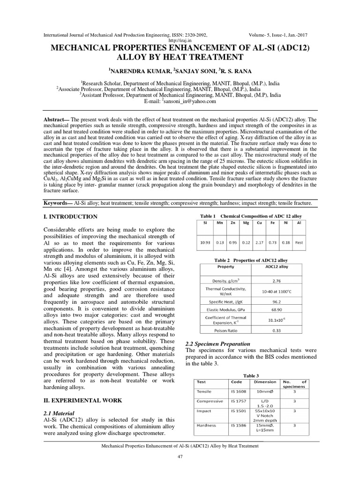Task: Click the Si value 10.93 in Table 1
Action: tap(205, 243)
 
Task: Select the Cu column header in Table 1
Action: tap(258, 223)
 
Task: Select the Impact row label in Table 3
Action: tap(204, 411)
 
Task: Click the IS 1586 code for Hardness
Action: tap(236, 425)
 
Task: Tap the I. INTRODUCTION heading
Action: tap(70, 217)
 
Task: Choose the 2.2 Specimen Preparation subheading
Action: tap(218, 344)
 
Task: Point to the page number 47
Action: tap(180, 457)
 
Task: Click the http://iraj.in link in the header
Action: tap(180, 41)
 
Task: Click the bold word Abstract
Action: tap(55, 119)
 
